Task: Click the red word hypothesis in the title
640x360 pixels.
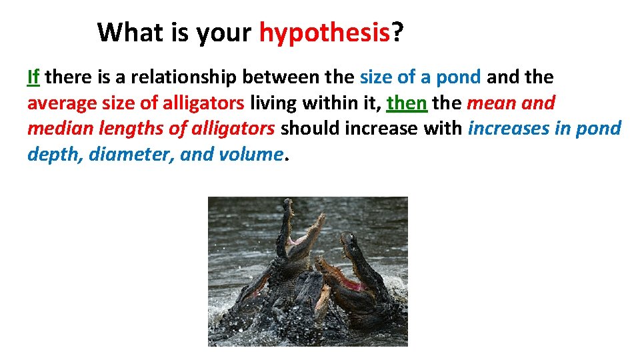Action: click(324, 32)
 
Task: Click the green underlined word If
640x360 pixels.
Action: click(34, 77)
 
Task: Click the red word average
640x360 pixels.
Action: click(56, 103)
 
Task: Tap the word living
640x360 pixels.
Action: click(275, 103)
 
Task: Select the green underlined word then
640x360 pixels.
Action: click(407, 103)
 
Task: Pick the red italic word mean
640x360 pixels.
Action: click(491, 103)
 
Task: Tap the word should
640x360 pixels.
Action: click(309, 128)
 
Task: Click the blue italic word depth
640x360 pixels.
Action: click(55, 154)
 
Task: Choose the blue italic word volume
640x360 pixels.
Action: click(249, 153)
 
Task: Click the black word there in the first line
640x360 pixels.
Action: click(70, 77)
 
